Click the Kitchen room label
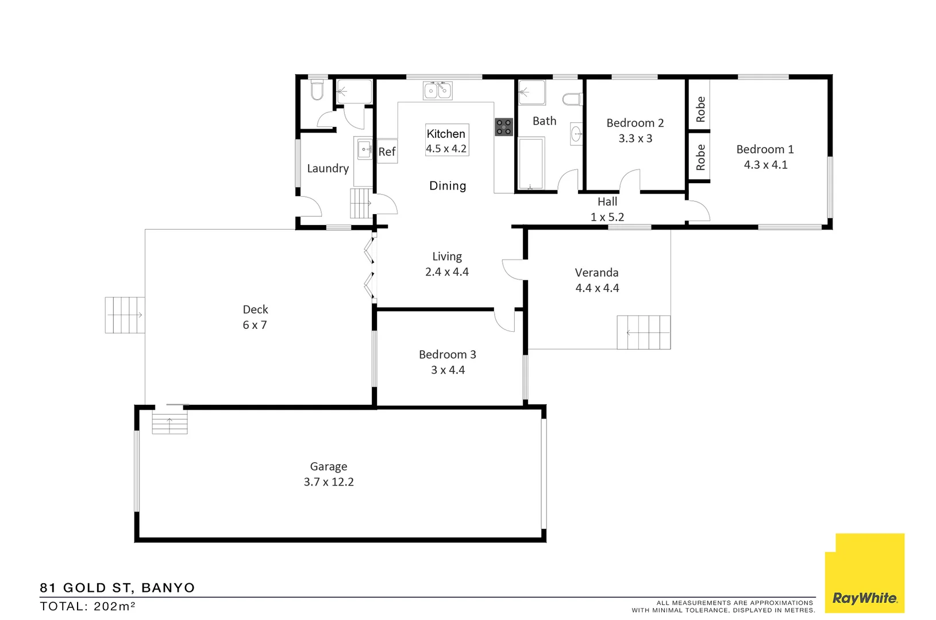tap(445, 134)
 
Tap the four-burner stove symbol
tap(504, 127)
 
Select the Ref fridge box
tap(387, 152)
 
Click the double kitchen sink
tap(438, 91)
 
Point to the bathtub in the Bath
tap(531, 164)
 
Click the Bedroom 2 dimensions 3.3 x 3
tap(635, 138)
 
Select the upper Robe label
tap(700, 109)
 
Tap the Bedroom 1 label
tap(765, 149)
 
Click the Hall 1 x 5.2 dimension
tap(607, 217)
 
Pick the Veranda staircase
tap(644, 332)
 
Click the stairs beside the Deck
tap(125, 315)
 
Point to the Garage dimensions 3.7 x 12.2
tap(329, 482)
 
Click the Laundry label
tap(328, 168)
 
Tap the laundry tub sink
tap(364, 149)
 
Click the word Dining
tap(448, 186)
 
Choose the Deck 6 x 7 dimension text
tap(255, 325)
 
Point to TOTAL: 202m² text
tap(87, 606)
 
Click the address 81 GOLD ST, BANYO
tap(117, 588)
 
